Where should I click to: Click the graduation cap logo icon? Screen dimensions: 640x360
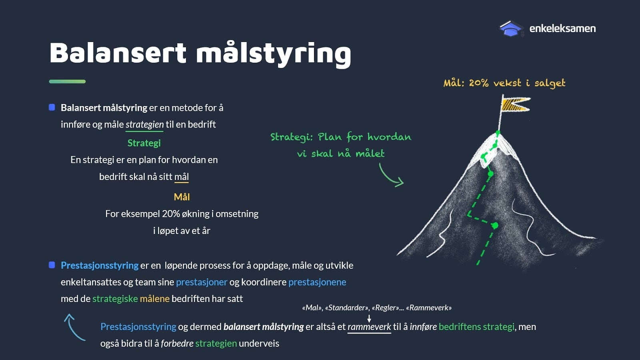(511, 28)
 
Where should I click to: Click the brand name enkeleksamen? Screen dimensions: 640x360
(562, 28)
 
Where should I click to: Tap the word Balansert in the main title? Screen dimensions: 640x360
(118, 53)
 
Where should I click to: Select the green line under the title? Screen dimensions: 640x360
(67, 82)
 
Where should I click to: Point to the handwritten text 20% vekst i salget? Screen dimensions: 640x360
(517, 83)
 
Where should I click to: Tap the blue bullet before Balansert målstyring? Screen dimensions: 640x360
(52, 108)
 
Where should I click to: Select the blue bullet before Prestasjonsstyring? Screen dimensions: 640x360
(52, 265)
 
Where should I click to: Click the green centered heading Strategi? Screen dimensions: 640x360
(144, 143)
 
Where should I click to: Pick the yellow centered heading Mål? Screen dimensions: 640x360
(182, 197)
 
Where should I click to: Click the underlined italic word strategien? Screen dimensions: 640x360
(144, 124)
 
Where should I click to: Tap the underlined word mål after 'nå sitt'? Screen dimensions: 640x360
(182, 176)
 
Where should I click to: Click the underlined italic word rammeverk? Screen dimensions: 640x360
(369, 326)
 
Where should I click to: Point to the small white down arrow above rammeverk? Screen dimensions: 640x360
(369, 318)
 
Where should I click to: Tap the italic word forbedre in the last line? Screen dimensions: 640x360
(177, 343)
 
